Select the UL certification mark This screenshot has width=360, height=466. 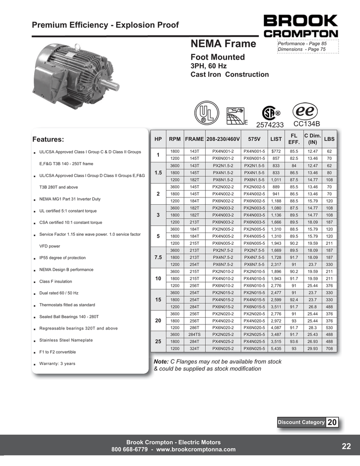pyautogui.click(x=207, y=112)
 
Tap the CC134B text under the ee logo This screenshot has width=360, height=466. pyautogui.click(x=307, y=124)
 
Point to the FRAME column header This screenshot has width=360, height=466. pyautogui.click(x=194, y=138)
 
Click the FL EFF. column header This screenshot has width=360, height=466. pyautogui.click(x=294, y=138)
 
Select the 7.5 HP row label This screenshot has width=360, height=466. pyautogui.click(x=158, y=257)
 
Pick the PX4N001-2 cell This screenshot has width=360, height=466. pyautogui.click(x=223, y=151)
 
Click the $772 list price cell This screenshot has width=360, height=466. pyautogui.click(x=276, y=151)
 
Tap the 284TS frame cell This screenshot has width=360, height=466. pyautogui.click(x=194, y=334)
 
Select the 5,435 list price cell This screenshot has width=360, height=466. pyautogui.click(x=276, y=349)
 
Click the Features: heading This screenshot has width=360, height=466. pyautogui.click(x=48, y=139)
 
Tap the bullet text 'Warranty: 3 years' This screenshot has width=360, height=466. pyautogui.click(x=57, y=364)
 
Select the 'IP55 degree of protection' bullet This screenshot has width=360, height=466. pyautogui.click(x=62, y=258)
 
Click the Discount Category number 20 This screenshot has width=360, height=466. pyautogui.click(x=332, y=422)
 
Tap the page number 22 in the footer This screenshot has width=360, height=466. pyautogui.click(x=346, y=446)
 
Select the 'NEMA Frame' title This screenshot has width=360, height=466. pyautogui.click(x=223, y=44)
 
